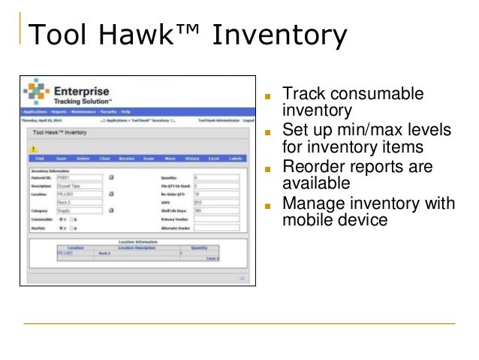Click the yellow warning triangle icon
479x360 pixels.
(x=34, y=148)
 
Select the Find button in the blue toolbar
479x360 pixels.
(x=39, y=159)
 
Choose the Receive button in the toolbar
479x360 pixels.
(x=126, y=159)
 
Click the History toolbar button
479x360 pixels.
(x=191, y=159)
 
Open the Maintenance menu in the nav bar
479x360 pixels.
(x=82, y=112)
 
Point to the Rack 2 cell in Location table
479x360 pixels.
(x=105, y=253)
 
